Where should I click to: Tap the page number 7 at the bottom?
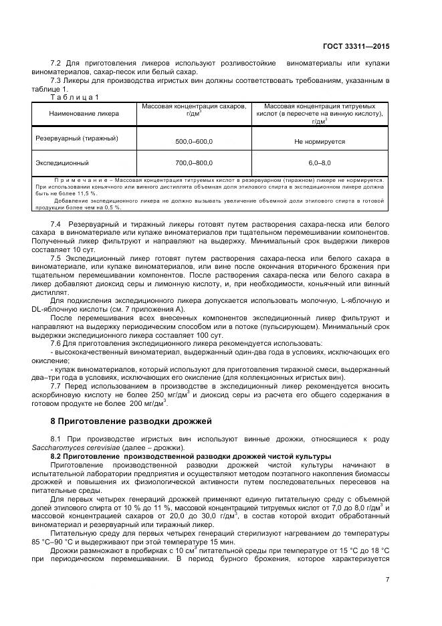pyautogui.click(x=388, y=580)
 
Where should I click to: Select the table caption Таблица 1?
pyautogui.click(x=75, y=96)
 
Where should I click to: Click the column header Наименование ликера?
pyautogui.click(x=84, y=114)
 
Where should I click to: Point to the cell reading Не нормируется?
pyautogui.click(x=319, y=142)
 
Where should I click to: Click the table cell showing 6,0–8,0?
pyautogui.click(x=319, y=163)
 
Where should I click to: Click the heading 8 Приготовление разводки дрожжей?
pyautogui.click(x=131, y=421)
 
